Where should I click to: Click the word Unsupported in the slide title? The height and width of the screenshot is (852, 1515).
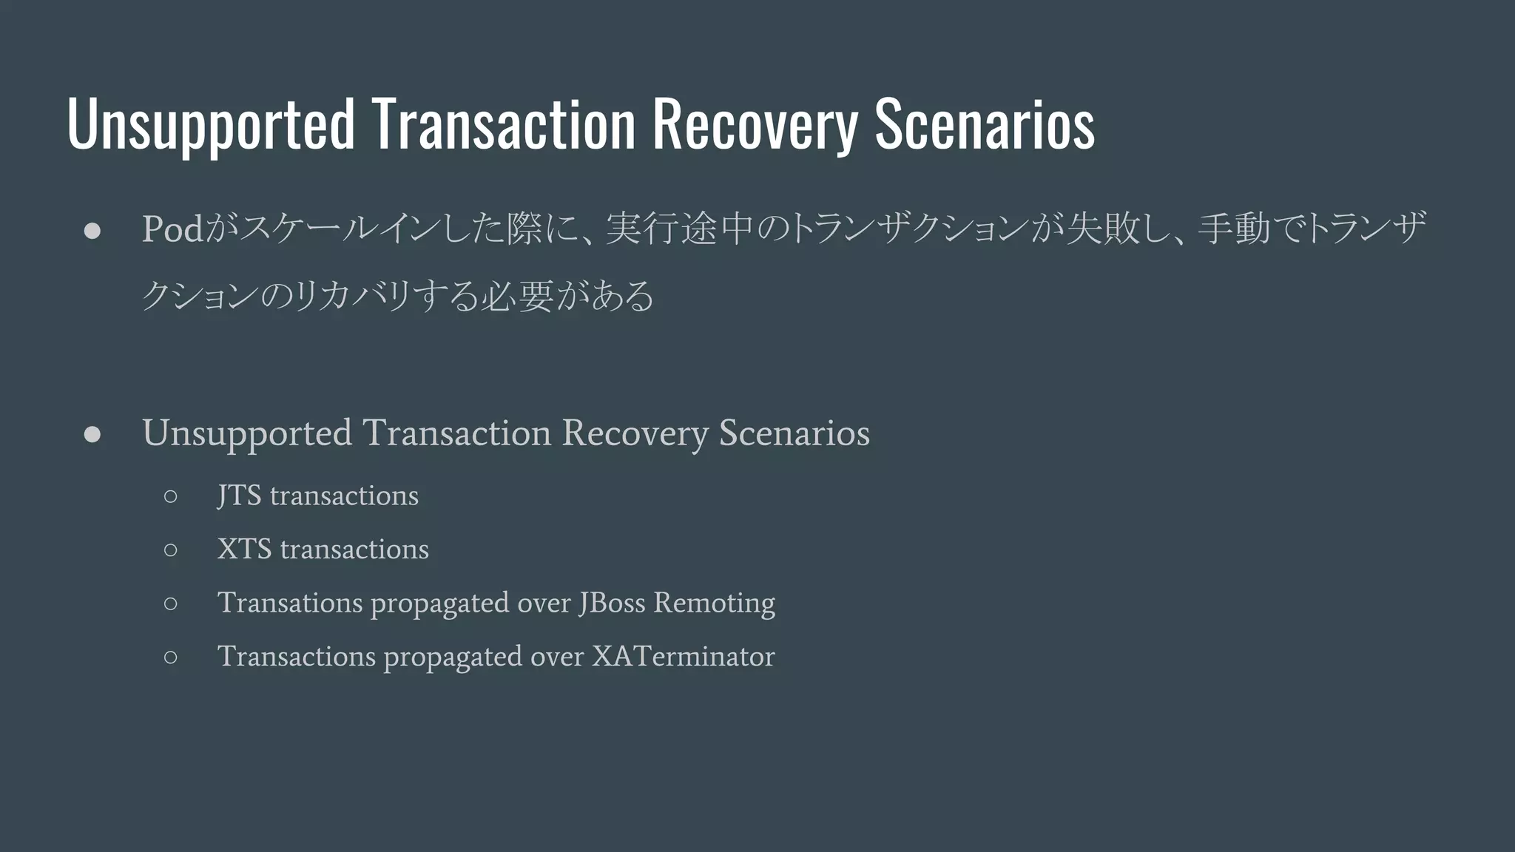[211, 124]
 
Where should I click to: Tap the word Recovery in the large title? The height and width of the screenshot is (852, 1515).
[755, 124]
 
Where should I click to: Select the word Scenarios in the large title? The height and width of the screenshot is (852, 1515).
[985, 124]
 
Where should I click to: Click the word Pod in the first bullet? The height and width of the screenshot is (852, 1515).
[172, 229]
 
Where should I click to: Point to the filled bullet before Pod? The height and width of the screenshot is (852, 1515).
[92, 231]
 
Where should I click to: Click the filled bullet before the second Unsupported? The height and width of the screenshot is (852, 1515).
[92, 435]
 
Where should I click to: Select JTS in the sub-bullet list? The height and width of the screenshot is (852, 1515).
[239, 496]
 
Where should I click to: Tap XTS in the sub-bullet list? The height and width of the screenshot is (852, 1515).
[244, 550]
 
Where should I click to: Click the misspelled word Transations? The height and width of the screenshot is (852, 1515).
[289, 603]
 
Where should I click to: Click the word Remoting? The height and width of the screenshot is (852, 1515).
[714, 603]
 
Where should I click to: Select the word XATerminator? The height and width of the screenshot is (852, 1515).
[683, 657]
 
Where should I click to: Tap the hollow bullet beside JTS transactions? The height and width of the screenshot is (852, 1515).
[171, 496]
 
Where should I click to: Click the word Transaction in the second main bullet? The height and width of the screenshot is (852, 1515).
[457, 433]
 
